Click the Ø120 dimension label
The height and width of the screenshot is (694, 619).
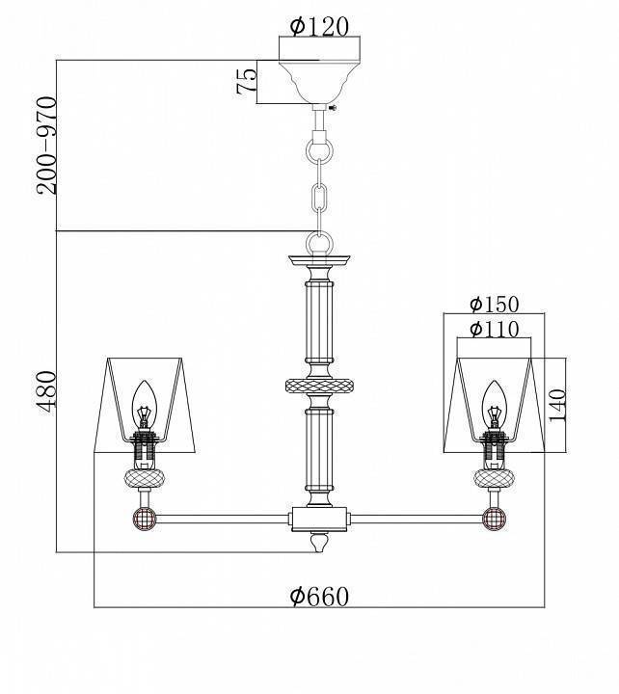point(319,26)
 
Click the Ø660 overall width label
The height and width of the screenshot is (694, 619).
point(319,597)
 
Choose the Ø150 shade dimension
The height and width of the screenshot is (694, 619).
point(495,305)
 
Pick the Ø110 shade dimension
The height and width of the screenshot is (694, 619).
point(495,330)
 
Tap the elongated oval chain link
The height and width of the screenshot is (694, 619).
point(319,198)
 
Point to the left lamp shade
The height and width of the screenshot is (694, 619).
point(149,405)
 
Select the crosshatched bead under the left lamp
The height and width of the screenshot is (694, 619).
point(144,479)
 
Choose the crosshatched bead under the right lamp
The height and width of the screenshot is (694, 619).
point(495,479)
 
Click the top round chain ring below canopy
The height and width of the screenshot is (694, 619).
point(319,150)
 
